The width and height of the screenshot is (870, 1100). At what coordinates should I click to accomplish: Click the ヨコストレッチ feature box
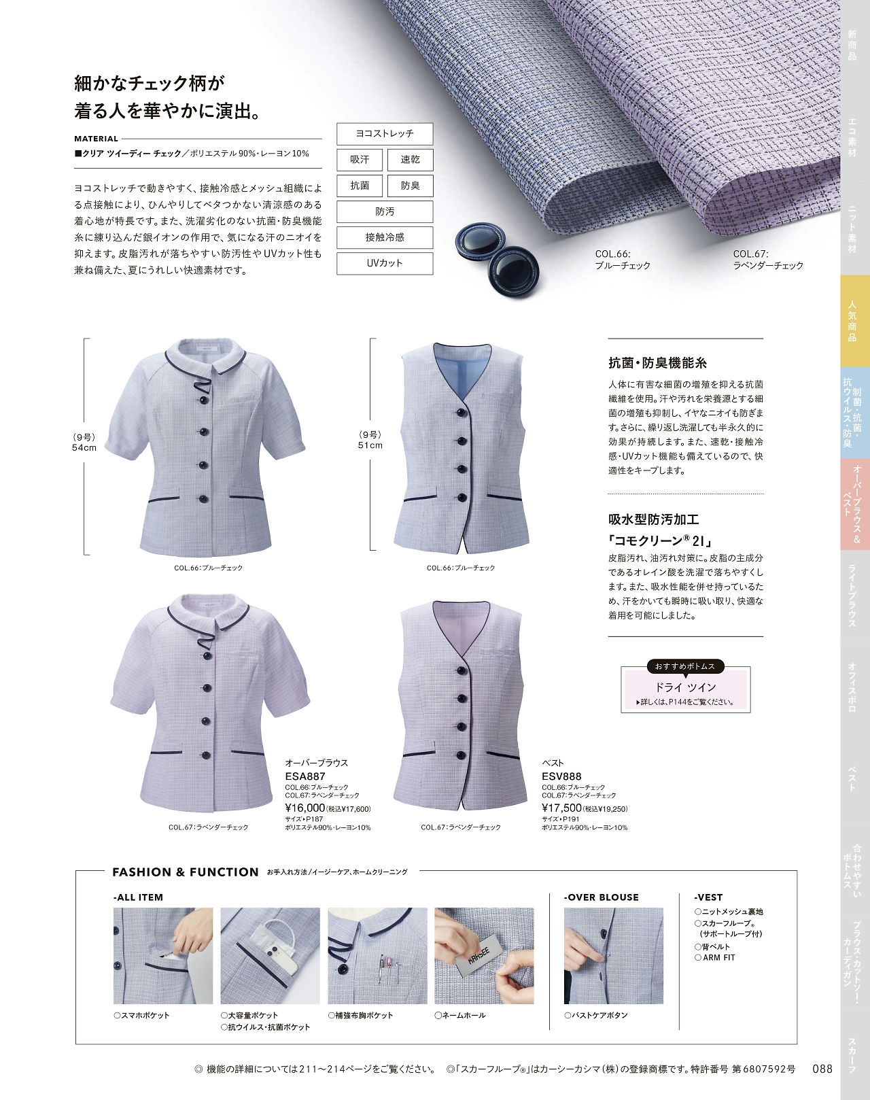pyautogui.click(x=385, y=134)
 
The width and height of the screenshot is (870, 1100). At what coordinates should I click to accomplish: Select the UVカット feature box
pyautogui.click(x=385, y=263)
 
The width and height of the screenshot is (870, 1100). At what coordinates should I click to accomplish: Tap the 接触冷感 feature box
pyautogui.click(x=385, y=237)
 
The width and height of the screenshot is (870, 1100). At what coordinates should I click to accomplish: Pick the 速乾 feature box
pyautogui.click(x=410, y=160)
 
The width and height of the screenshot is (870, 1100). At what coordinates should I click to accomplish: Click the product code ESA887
pyautogui.click(x=305, y=776)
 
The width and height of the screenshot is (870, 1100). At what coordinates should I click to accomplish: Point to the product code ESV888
pyautogui.click(x=562, y=776)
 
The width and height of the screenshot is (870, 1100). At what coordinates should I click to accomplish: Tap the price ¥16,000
pyautogui.click(x=305, y=808)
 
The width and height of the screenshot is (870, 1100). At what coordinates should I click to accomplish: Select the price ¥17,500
pyautogui.click(x=562, y=808)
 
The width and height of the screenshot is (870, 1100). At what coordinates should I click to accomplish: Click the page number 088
pyautogui.click(x=822, y=1068)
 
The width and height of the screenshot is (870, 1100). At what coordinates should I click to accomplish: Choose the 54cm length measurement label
pyautogui.click(x=84, y=448)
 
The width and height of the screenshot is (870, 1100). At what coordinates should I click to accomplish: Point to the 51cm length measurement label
pyautogui.click(x=370, y=445)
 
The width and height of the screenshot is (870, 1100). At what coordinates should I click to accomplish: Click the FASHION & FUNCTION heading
pyautogui.click(x=186, y=872)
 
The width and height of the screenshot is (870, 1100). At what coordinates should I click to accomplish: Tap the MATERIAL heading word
pyautogui.click(x=96, y=139)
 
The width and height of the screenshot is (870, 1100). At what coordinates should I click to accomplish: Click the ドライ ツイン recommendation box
pyautogui.click(x=686, y=689)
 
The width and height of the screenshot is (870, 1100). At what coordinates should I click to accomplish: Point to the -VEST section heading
pyautogui.click(x=708, y=897)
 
